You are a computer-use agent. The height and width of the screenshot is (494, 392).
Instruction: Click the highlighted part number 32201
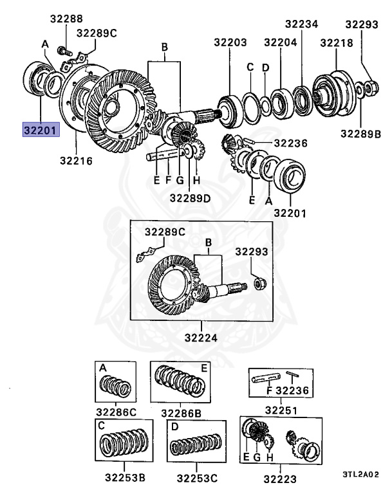click(x=41, y=129)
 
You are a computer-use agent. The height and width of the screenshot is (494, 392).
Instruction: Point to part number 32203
click(x=230, y=42)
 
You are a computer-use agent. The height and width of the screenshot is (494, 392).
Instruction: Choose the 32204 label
click(x=280, y=42)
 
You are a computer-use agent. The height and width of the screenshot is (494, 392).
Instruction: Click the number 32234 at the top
click(x=302, y=24)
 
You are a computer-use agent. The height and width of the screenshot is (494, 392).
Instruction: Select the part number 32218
click(x=336, y=42)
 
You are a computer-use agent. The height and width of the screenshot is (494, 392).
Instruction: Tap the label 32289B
click(x=361, y=134)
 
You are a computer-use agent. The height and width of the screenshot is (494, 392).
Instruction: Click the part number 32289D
click(x=190, y=198)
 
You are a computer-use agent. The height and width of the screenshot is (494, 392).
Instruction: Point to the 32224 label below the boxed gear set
click(x=200, y=337)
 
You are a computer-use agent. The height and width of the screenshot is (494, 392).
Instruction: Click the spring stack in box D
click(x=196, y=445)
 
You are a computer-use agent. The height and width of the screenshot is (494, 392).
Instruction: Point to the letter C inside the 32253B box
click(x=102, y=426)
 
